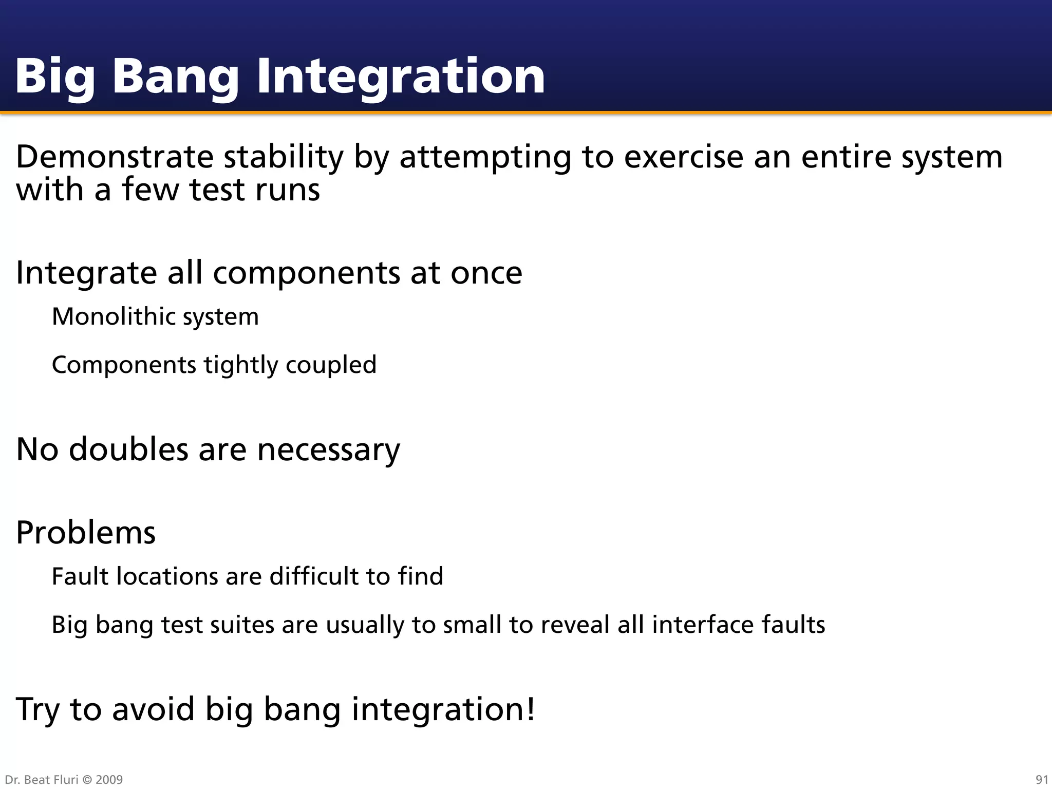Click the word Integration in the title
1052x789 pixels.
[x=400, y=77]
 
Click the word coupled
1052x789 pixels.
[x=331, y=365]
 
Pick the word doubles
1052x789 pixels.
[x=128, y=449]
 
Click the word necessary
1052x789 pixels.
[x=328, y=450]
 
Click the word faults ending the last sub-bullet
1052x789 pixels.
[x=793, y=625]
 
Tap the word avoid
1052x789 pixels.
[x=153, y=709]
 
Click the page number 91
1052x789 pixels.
[x=1041, y=780]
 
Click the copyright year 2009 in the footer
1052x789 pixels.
[x=109, y=780]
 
